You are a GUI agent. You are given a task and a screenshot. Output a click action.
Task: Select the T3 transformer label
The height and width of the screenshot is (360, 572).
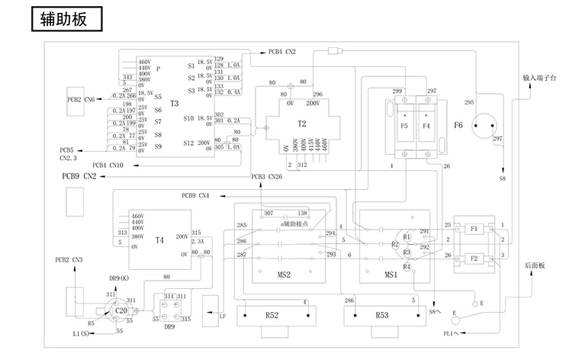[x=174, y=103]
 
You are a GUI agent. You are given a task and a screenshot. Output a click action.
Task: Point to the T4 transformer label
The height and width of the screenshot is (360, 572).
[x=159, y=240]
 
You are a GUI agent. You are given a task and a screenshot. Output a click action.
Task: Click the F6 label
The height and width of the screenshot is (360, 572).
[x=458, y=124]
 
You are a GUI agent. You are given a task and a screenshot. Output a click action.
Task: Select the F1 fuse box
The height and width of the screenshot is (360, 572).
[x=474, y=228]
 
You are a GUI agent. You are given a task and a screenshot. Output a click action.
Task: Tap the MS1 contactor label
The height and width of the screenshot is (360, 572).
[x=389, y=274]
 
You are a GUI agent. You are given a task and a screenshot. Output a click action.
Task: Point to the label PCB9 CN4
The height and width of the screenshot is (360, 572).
[x=194, y=195]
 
